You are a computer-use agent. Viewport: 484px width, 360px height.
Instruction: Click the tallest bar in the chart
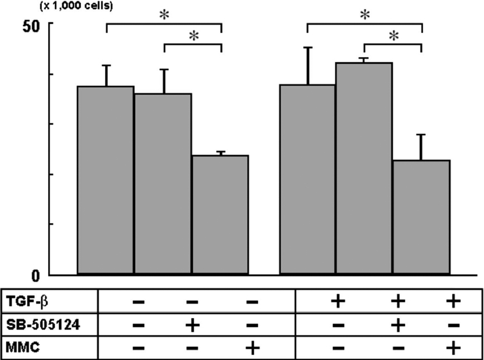(x=363, y=168)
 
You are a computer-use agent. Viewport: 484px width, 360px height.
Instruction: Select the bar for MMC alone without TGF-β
(x=220, y=215)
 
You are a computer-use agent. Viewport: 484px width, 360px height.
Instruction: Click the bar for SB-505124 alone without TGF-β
(x=163, y=184)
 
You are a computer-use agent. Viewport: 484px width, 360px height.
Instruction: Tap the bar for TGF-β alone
(x=307, y=179)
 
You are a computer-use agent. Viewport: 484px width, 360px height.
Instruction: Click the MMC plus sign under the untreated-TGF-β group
(x=252, y=348)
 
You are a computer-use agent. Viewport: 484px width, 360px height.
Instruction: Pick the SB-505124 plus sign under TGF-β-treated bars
(x=397, y=325)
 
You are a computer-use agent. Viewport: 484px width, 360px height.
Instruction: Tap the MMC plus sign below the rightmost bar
(x=453, y=348)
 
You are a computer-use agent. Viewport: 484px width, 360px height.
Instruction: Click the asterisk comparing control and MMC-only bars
(x=164, y=16)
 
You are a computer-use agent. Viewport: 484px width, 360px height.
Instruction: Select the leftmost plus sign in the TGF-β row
(x=337, y=302)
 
